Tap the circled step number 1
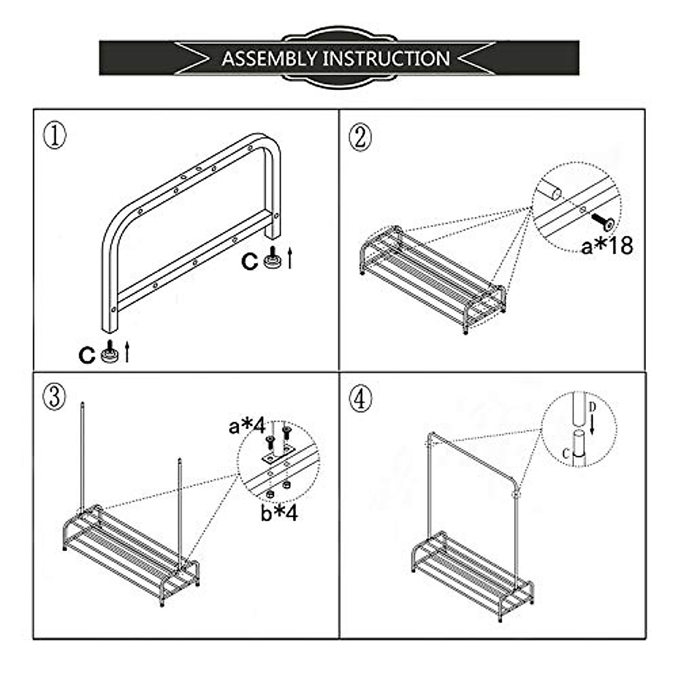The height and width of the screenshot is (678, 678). coord(55,136)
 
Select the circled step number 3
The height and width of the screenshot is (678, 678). coord(55,397)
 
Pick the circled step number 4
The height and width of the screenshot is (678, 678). coord(360,399)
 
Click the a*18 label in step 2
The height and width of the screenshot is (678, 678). coord(607,246)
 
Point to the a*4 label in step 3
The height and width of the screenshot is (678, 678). coord(247,427)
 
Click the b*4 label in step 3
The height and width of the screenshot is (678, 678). coord(279,513)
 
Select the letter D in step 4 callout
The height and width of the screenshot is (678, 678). coord(592,407)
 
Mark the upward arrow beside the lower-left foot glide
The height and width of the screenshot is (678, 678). coord(127,351)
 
